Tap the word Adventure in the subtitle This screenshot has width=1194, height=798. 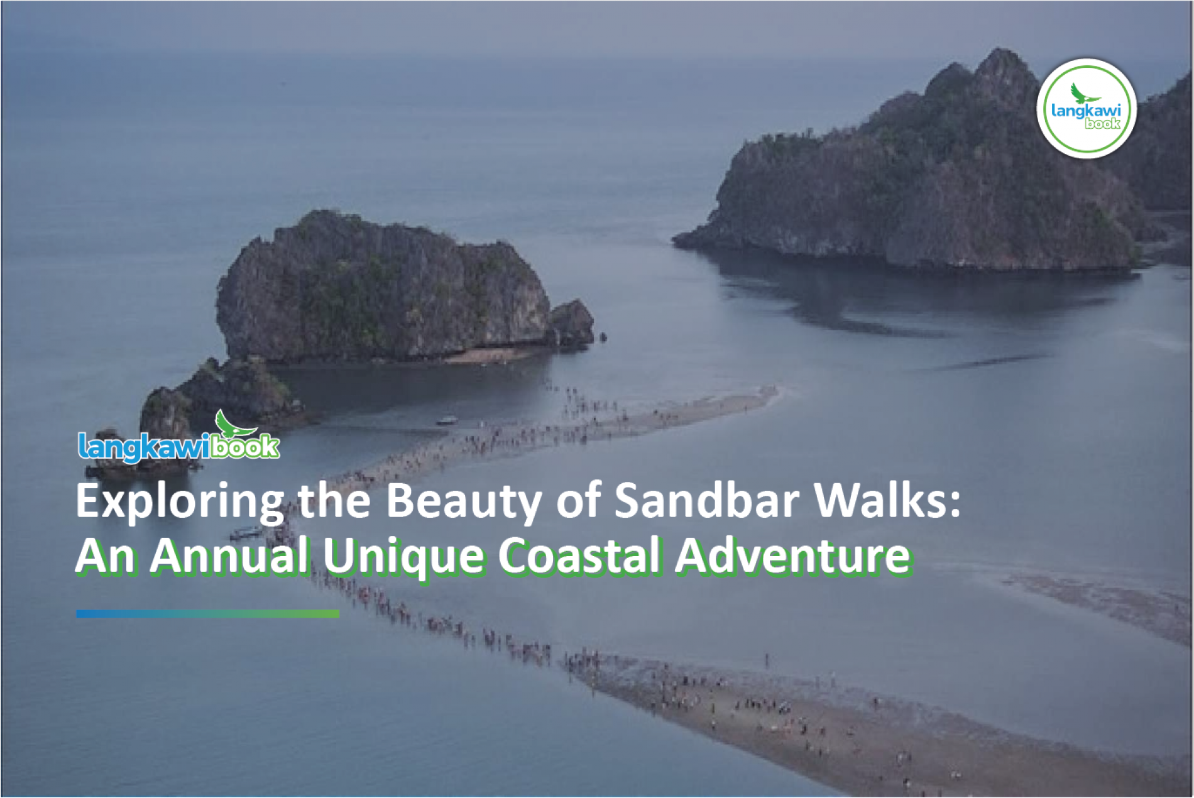tap(792, 556)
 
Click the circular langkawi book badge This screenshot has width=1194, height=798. tap(1087, 108)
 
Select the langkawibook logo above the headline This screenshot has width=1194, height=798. tap(178, 438)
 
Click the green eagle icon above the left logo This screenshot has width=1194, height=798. tap(234, 424)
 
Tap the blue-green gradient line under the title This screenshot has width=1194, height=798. tap(207, 613)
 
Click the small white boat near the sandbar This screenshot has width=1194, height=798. tap(447, 420)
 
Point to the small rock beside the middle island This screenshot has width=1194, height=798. tap(571, 323)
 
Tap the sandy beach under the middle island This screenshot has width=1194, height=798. tap(484, 356)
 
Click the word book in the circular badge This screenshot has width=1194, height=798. tap(1102, 123)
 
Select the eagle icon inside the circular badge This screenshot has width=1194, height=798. tap(1085, 94)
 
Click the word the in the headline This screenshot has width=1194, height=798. tap(334, 501)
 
